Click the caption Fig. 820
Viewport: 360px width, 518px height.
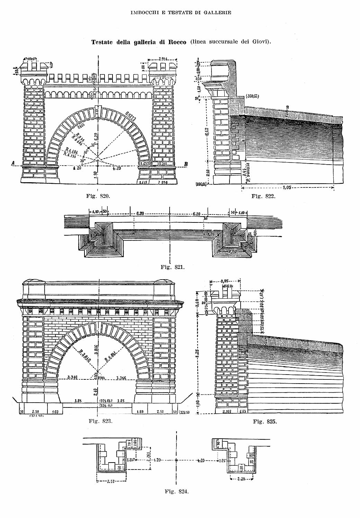(98, 196)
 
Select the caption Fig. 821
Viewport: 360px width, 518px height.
(173, 267)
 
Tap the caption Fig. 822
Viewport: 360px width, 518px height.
(263, 196)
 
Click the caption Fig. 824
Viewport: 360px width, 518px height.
(177, 491)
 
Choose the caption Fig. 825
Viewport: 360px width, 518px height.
(265, 422)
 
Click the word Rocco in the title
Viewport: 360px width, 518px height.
(177, 42)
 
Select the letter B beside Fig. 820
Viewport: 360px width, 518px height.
(186, 164)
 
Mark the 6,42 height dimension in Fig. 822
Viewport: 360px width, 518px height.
(207, 131)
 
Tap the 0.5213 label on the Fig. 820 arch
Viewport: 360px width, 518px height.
(131, 116)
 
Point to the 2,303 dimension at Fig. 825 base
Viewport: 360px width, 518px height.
(227, 411)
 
